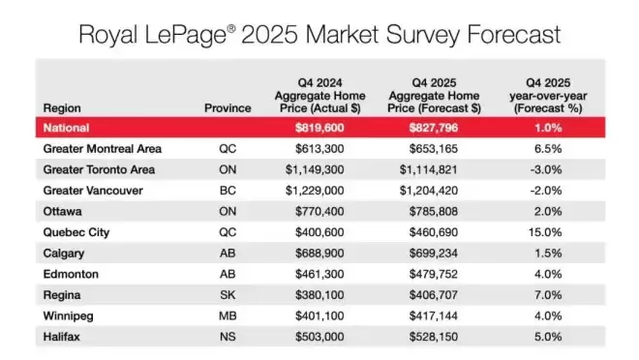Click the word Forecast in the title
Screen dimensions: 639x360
pyautogui.click(x=514, y=34)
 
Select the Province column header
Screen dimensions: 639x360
pyautogui.click(x=228, y=108)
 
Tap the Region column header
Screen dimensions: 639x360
pyautogui.click(x=62, y=108)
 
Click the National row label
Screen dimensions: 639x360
pyautogui.click(x=66, y=128)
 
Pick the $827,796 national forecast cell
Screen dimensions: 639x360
pyautogui.click(x=434, y=128)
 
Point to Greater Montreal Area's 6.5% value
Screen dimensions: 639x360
pyautogui.click(x=548, y=149)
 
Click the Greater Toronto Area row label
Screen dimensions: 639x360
pyautogui.click(x=99, y=169)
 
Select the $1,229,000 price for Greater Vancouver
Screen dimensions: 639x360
pyautogui.click(x=315, y=191)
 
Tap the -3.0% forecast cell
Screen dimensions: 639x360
pyautogui.click(x=546, y=169)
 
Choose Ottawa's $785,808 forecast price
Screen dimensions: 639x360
pyautogui.click(x=434, y=211)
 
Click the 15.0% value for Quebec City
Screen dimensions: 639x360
pyautogui.click(x=545, y=232)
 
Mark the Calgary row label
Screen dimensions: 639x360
pyautogui.click(x=64, y=254)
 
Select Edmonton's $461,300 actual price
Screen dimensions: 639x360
pyautogui.click(x=319, y=274)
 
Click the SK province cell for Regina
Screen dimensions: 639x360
pyautogui.click(x=228, y=295)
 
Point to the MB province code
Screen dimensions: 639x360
pyautogui.click(x=228, y=315)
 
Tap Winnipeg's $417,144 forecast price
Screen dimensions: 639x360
pyautogui.click(x=434, y=315)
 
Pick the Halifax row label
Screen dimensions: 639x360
pyautogui.click(x=62, y=337)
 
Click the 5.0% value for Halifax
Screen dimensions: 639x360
pyautogui.click(x=548, y=337)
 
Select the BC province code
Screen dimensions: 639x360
pyautogui.click(x=228, y=191)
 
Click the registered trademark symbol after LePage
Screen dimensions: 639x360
pyautogui.click(x=231, y=28)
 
